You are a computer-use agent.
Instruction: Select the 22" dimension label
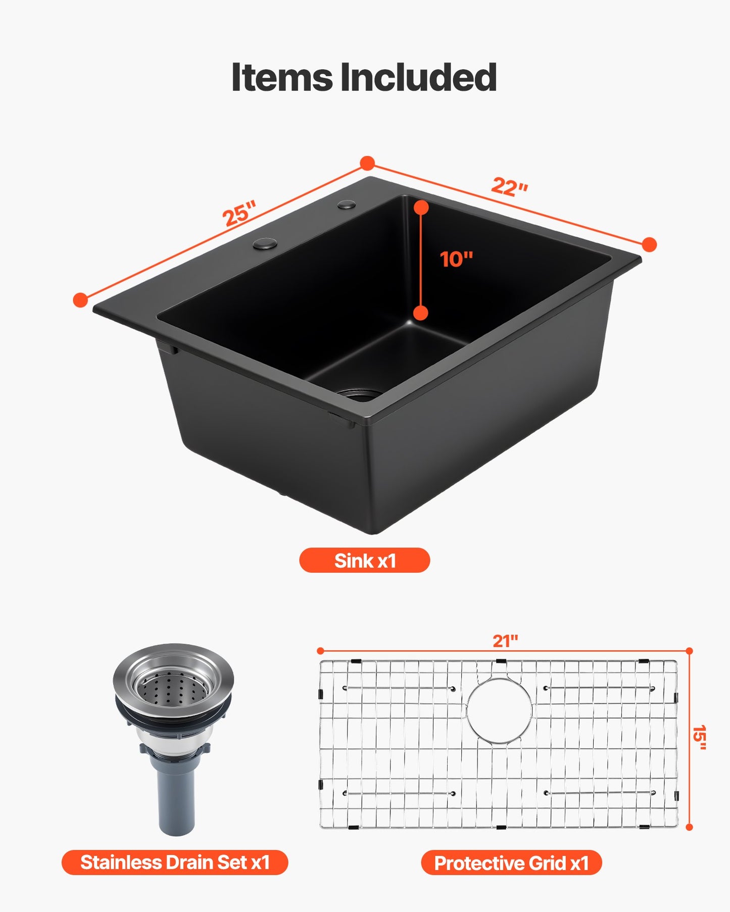pyautogui.click(x=509, y=187)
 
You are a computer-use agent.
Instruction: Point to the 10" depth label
pyautogui.click(x=456, y=260)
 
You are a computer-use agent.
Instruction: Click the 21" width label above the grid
pyautogui.click(x=505, y=641)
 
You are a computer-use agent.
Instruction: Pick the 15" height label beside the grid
pyautogui.click(x=699, y=737)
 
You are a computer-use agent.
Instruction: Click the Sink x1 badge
pyautogui.click(x=364, y=561)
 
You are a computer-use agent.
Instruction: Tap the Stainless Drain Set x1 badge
pyautogui.click(x=175, y=863)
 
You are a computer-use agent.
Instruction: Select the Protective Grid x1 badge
pyautogui.click(x=511, y=863)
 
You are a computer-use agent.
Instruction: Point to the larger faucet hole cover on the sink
pyautogui.click(x=265, y=244)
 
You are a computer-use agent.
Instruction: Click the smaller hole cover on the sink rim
pyautogui.click(x=347, y=205)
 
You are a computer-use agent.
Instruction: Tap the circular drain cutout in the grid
pyautogui.click(x=499, y=710)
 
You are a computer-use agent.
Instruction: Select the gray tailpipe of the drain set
pyautogui.click(x=176, y=803)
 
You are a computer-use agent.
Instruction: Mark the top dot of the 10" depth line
pyautogui.click(x=421, y=207)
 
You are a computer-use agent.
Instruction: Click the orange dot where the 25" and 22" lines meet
pyautogui.click(x=367, y=163)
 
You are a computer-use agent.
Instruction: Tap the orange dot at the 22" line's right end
pyautogui.click(x=649, y=245)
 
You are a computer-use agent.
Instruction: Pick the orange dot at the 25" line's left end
pyautogui.click(x=80, y=300)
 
